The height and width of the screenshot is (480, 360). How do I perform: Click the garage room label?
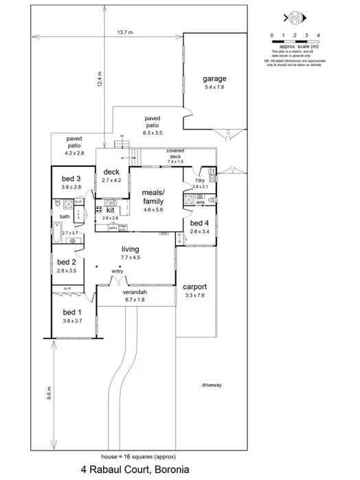click(214, 78)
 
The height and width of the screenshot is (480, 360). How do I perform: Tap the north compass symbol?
click(294, 16)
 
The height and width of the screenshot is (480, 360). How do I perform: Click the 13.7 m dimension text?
click(124, 32)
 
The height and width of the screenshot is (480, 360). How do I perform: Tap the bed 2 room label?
click(67, 262)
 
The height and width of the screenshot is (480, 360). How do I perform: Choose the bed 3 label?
click(71, 179)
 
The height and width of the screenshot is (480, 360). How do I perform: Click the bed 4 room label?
click(199, 223)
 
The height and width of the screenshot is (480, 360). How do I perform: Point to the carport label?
click(196, 287)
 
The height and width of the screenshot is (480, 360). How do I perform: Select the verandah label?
click(135, 293)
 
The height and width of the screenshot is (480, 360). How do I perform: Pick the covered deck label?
click(170, 152)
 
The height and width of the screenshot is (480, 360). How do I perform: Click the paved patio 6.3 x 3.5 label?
click(152, 122)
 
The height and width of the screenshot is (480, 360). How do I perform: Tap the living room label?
click(131, 250)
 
